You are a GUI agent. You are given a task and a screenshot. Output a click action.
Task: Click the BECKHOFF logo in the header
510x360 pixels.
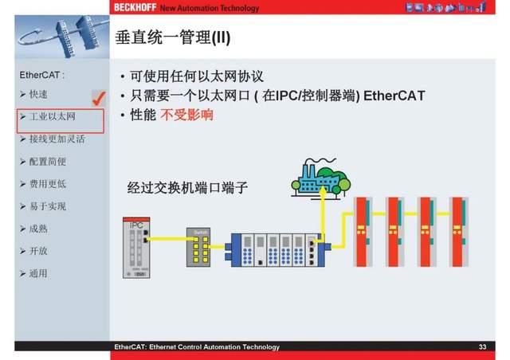(134, 7)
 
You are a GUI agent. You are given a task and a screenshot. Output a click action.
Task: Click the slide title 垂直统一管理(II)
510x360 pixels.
(173, 38)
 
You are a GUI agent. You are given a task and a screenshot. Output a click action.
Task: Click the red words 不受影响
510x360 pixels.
(187, 115)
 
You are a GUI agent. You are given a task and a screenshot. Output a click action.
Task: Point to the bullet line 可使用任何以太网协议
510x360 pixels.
(196, 76)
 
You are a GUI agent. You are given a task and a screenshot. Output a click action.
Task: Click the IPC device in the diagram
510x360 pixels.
(137, 248)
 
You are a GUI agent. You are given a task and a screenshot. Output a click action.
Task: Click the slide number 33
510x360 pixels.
(482, 347)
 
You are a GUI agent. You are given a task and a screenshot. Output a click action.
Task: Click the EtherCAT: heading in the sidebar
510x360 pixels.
(41, 76)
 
